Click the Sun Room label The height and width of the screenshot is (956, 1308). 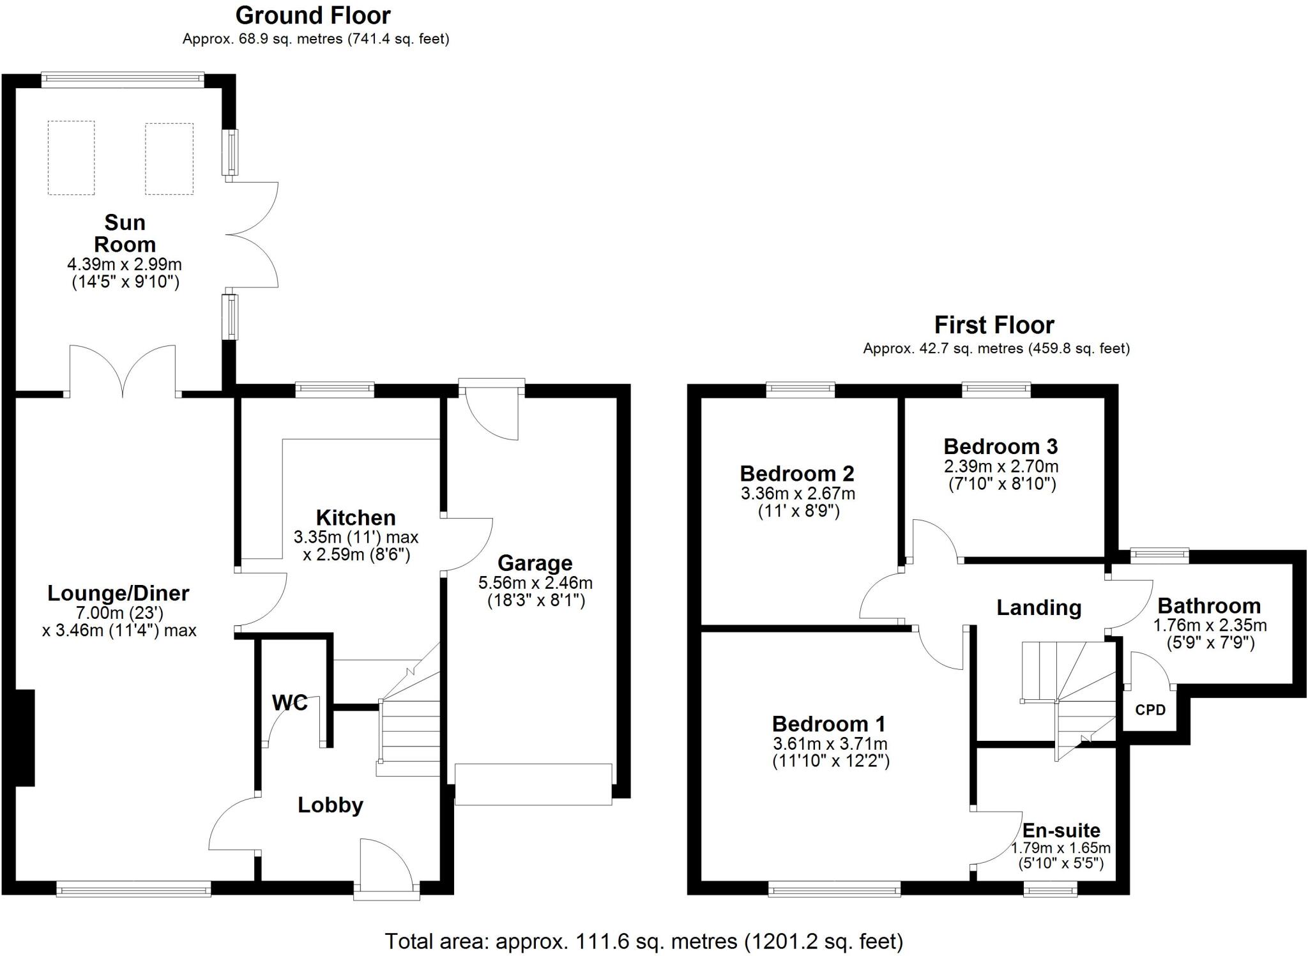(x=125, y=234)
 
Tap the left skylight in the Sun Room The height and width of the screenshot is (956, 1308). (x=71, y=158)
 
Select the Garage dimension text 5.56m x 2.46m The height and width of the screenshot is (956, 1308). (x=535, y=582)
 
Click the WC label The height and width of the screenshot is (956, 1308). (x=289, y=703)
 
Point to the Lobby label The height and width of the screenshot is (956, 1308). (x=330, y=805)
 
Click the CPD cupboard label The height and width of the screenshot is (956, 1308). (x=1150, y=710)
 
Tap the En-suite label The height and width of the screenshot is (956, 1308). (x=1061, y=830)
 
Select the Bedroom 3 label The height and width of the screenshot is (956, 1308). (x=1000, y=446)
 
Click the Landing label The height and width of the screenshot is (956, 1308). (x=1038, y=607)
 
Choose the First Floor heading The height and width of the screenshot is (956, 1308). (x=994, y=325)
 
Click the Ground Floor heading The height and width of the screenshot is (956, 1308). (x=313, y=15)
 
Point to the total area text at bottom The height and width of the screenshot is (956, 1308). (x=644, y=941)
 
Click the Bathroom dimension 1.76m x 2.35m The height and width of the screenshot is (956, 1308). (x=1210, y=625)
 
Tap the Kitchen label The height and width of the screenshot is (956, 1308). (x=356, y=517)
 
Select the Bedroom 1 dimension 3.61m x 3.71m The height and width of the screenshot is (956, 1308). (x=830, y=743)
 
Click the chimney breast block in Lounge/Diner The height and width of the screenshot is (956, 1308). (x=24, y=738)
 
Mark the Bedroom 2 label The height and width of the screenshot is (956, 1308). (x=796, y=473)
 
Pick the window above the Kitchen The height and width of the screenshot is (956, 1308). (x=335, y=389)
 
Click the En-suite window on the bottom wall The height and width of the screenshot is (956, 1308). (x=1050, y=889)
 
